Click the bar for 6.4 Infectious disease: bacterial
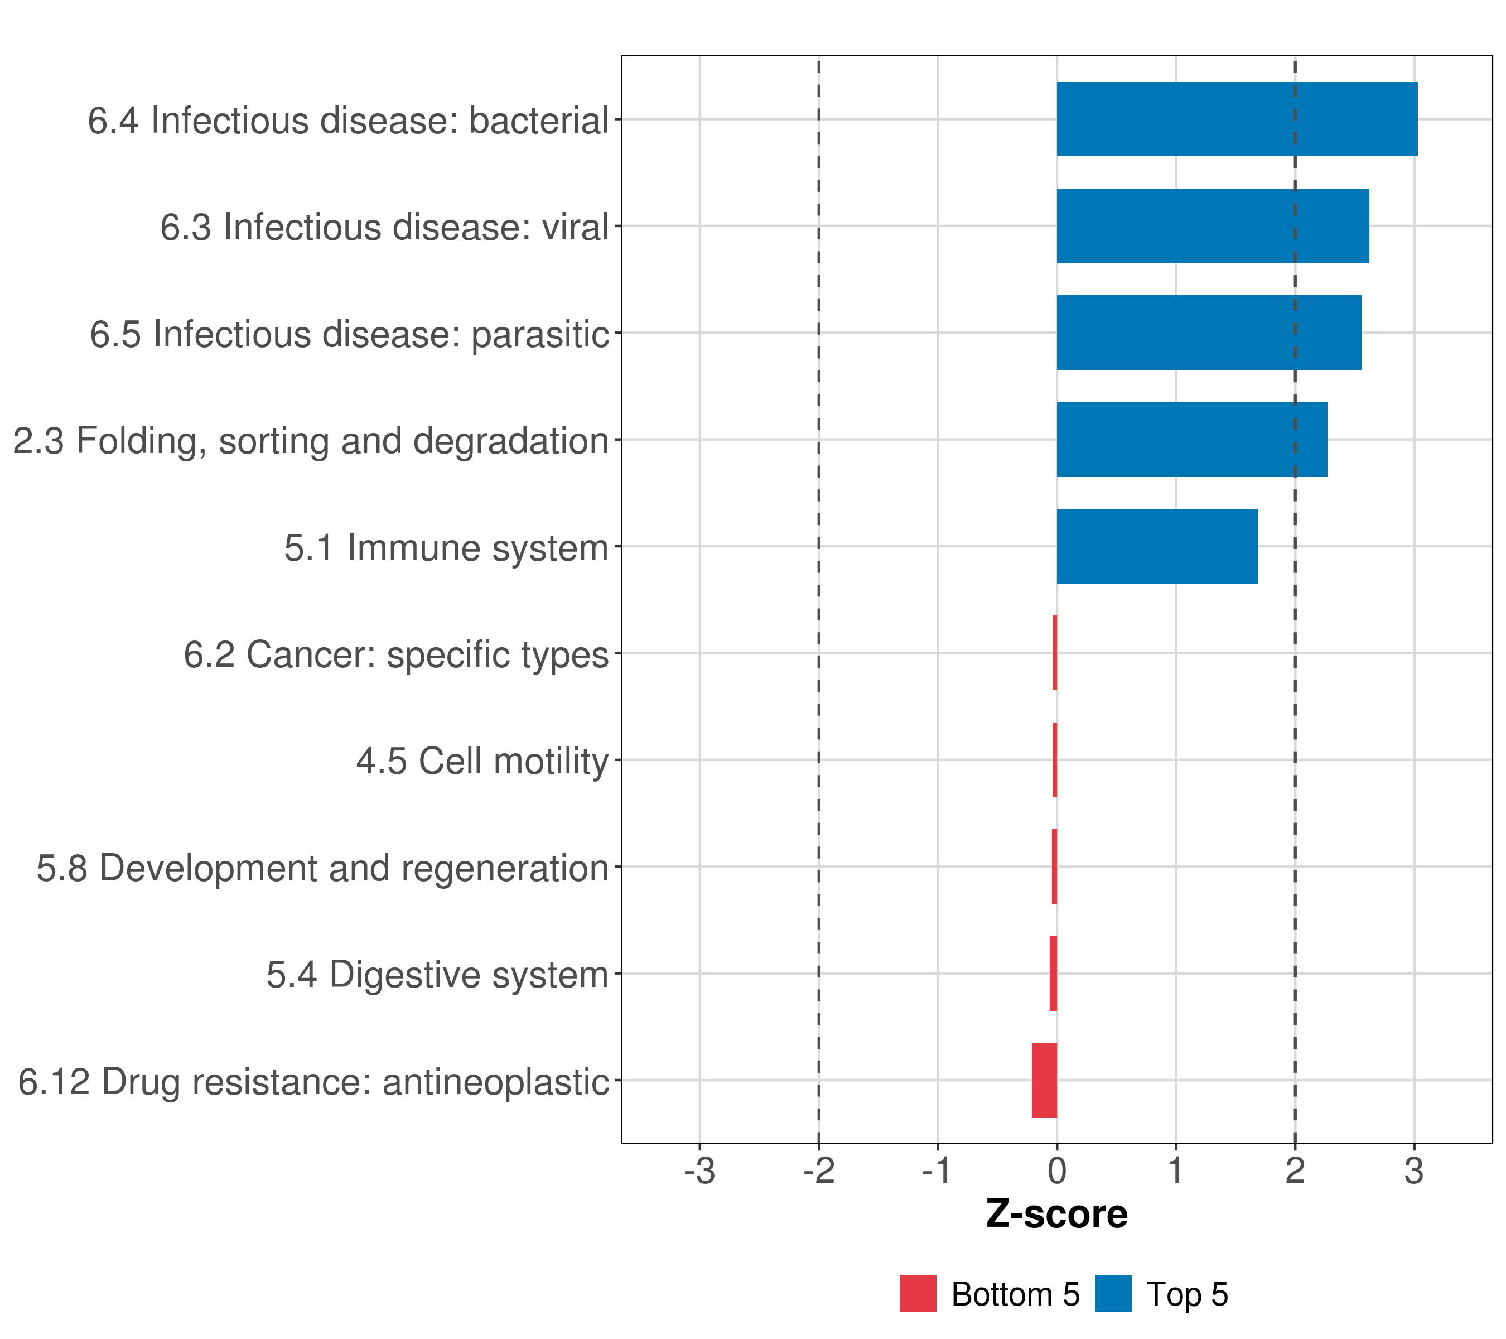coord(1237,119)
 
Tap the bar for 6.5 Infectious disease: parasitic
coord(1208,333)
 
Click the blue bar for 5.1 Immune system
coord(1157,546)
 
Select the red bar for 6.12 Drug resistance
coord(1044,1080)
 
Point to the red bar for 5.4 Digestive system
coord(1053,973)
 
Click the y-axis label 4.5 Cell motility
coord(482,760)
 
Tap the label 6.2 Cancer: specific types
coord(395,654)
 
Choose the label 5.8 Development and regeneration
coord(322,868)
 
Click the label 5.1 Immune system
coord(446,547)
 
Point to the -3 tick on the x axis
coord(699,1171)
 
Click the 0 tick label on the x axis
coord(1056,1171)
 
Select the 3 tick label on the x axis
coord(1413,1171)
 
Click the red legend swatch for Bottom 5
coord(918,1293)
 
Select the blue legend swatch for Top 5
coord(1113,1293)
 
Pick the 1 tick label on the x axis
coord(1176,1171)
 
